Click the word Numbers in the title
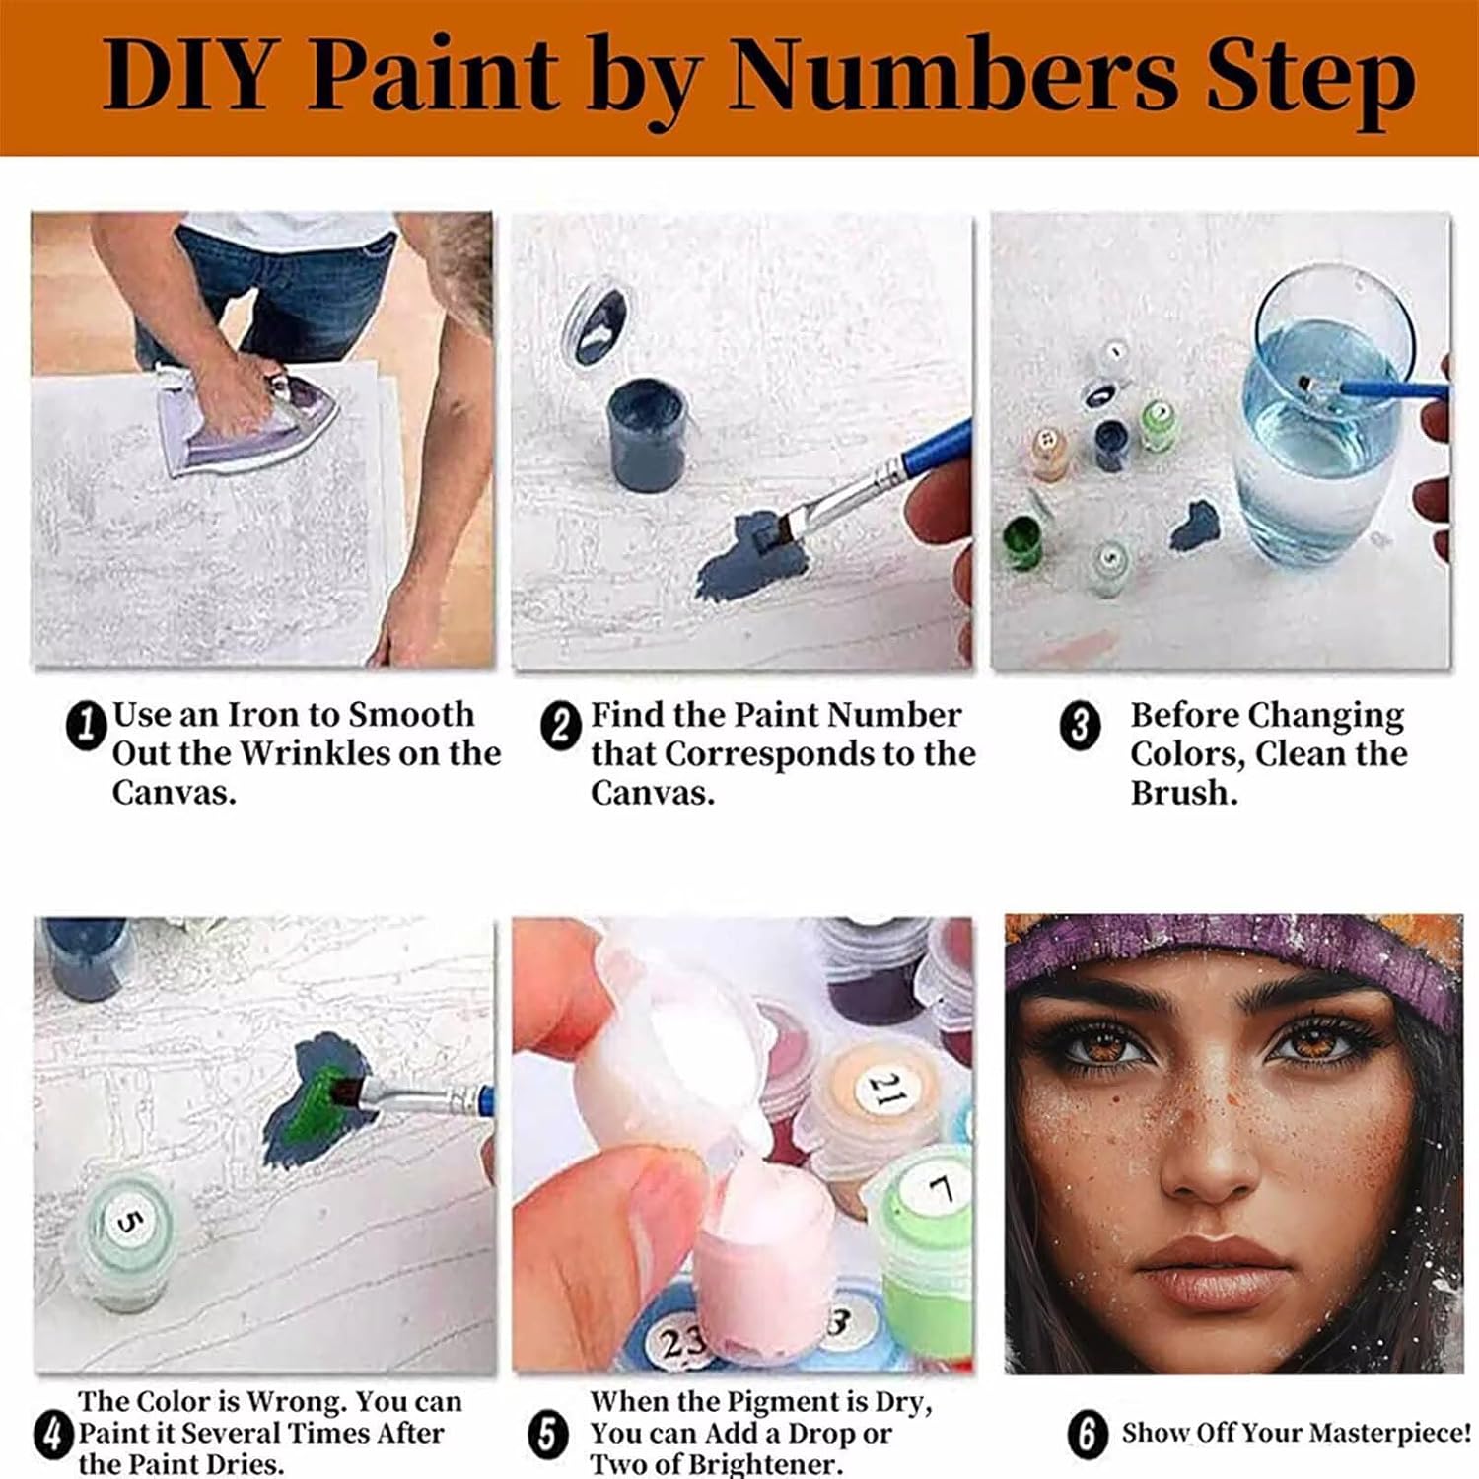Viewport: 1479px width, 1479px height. [x=952, y=76]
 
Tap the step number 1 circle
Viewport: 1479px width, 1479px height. [x=86, y=726]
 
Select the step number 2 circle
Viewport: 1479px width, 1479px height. [x=561, y=727]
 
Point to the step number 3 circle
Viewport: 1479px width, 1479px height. [x=1080, y=727]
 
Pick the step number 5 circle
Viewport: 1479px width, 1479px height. [x=548, y=1434]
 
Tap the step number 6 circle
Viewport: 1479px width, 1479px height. [x=1087, y=1434]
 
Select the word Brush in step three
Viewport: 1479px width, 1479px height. [x=1182, y=793]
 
